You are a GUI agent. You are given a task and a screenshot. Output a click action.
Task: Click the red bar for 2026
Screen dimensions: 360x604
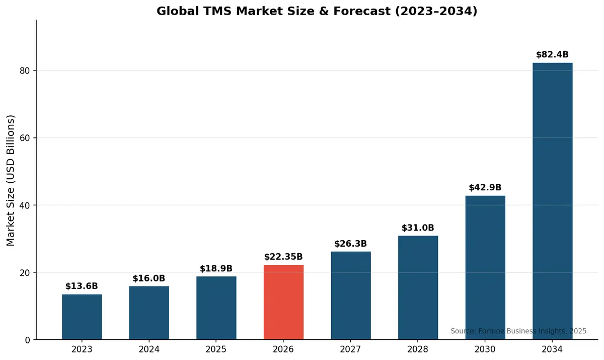point(283,302)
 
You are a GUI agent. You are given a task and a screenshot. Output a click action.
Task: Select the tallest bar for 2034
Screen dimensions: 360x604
point(552,201)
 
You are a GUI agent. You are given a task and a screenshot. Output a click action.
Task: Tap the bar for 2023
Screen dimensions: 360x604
point(82,317)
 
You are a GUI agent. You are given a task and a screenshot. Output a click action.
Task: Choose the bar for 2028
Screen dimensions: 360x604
point(418,287)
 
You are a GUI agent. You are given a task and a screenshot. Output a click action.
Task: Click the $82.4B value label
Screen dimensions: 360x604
point(552,55)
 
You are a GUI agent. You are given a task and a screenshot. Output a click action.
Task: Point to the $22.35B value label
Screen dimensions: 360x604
point(283,257)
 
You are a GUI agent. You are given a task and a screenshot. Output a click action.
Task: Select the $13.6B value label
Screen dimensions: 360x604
point(82,286)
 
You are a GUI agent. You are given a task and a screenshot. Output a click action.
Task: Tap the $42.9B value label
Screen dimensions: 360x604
point(485,188)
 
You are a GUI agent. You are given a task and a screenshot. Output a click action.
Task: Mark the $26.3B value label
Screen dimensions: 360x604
point(351,244)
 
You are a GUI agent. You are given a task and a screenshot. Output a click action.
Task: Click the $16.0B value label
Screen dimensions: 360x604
point(149,278)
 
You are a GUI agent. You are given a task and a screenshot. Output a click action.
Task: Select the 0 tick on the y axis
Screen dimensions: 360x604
point(28,340)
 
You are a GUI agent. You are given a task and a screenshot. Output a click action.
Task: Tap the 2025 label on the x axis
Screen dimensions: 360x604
point(216,349)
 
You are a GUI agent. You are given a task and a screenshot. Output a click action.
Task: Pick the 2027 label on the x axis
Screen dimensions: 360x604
point(351,349)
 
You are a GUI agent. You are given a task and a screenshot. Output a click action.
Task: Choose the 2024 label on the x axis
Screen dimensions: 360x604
point(149,349)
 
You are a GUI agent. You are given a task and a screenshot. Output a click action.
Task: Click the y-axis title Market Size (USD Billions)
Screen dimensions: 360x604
point(11,180)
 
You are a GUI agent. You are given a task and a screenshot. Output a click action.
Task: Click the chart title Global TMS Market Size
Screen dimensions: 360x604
point(317,11)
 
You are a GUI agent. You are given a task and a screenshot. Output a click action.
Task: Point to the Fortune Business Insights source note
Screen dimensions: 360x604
point(518,331)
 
